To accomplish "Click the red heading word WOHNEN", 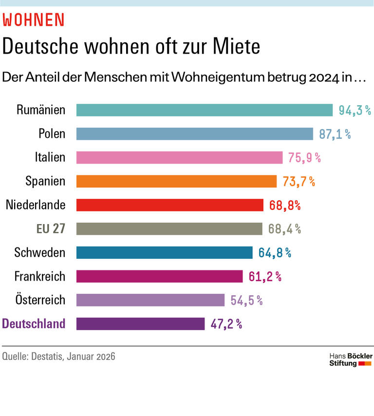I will coord(34,19).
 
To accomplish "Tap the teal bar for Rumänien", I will coord(205,110).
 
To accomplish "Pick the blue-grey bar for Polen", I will coord(194,134).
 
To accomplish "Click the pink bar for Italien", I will coord(179,157).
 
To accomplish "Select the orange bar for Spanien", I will coord(176,181).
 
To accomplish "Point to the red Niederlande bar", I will coord(170,205).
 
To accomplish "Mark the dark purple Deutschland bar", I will coord(140,324).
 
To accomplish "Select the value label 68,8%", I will coord(285,205).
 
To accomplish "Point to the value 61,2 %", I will coord(265,277).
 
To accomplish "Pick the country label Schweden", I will coord(40,253).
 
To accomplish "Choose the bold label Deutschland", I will coord(34,324).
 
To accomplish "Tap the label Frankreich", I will coord(39,277).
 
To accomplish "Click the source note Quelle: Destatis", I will coord(59,357).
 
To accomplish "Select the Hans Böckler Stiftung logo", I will coord(351,359).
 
